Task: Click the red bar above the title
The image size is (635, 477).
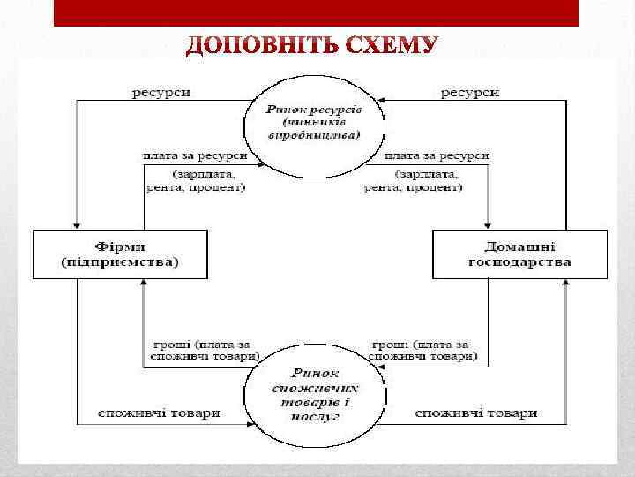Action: pyautogui.click(x=316, y=13)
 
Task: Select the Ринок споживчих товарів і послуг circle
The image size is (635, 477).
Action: pyautogui.click(x=315, y=393)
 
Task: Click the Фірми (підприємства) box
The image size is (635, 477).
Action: pyautogui.click(x=120, y=254)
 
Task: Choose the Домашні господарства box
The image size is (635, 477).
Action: pyautogui.click(x=519, y=254)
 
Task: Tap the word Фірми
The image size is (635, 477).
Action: pyautogui.click(x=120, y=246)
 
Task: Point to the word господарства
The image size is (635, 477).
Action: pyautogui.click(x=519, y=262)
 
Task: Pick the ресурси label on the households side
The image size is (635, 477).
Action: pyautogui.click(x=470, y=91)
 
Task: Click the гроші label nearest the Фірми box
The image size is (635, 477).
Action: pyautogui.click(x=203, y=350)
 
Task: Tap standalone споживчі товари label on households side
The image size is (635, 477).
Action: pyautogui.click(x=475, y=413)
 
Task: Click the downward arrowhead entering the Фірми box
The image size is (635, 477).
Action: pyautogui.click(x=78, y=223)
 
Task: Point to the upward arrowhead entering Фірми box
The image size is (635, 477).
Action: pyautogui.click(x=145, y=285)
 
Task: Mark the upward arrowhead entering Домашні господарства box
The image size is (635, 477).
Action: pyautogui.click(x=564, y=285)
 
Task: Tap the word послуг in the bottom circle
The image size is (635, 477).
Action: pyautogui.click(x=318, y=414)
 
